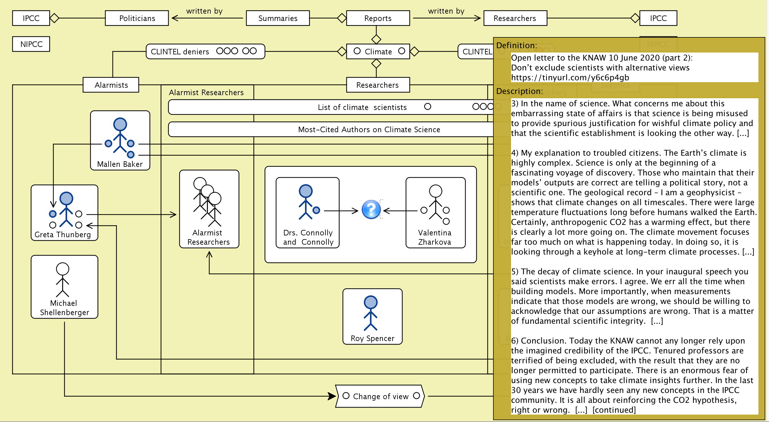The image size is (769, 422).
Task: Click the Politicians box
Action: pyautogui.click(x=137, y=18)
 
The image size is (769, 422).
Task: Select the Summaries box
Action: pyautogui.click(x=278, y=18)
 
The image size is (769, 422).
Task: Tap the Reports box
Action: pyautogui.click(x=378, y=18)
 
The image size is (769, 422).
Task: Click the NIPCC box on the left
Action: pyautogui.click(x=31, y=44)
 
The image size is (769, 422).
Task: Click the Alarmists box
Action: pyautogui.click(x=111, y=85)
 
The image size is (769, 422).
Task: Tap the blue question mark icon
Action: pyautogui.click(x=371, y=210)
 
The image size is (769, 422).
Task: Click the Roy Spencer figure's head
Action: pyautogui.click(x=371, y=302)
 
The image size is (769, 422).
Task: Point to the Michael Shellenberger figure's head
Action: pyautogui.click(x=62, y=269)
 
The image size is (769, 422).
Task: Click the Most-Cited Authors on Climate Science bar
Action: pyautogui.click(x=369, y=129)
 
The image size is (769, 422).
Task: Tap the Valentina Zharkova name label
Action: pyautogui.click(x=435, y=237)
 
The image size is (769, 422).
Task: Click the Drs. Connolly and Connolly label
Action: pyautogui.click(x=308, y=237)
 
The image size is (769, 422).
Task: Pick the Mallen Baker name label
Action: pyautogui.click(x=120, y=164)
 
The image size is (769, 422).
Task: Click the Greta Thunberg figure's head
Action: pyautogui.click(x=66, y=198)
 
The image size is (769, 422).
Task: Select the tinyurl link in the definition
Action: pyautogui.click(x=570, y=78)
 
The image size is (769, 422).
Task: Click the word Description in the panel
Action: pyautogui.click(x=519, y=91)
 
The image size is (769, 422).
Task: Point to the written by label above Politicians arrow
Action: pyautogui.click(x=204, y=11)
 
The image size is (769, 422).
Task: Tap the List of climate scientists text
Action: pyautogui.click(x=362, y=107)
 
